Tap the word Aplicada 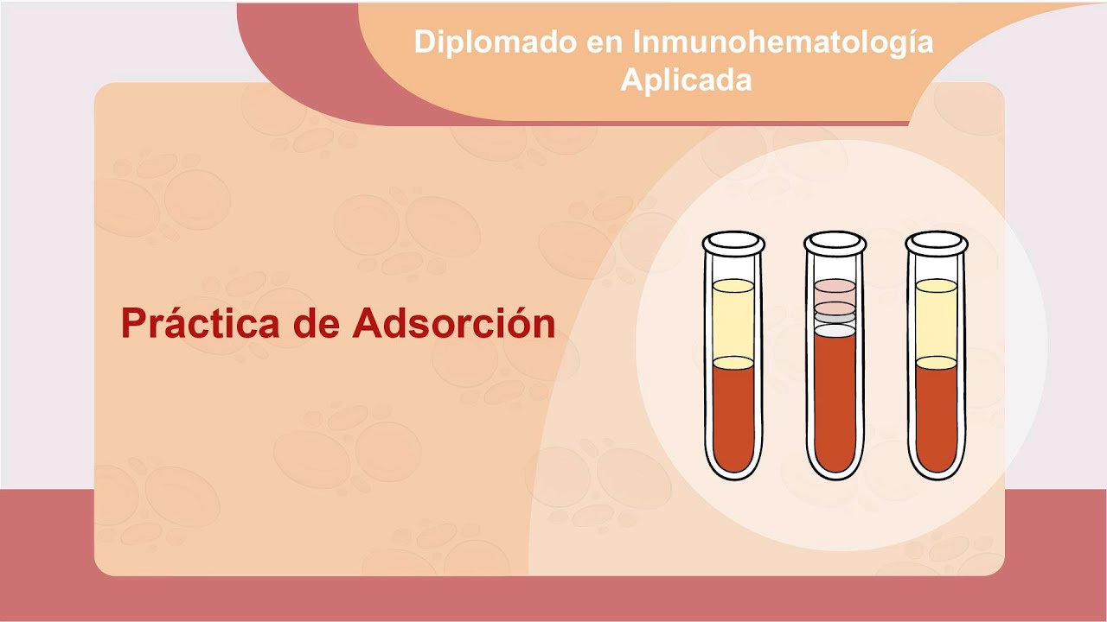(x=686, y=79)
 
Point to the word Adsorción (x=453, y=324)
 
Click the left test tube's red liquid (x=733, y=415)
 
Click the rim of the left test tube (x=733, y=243)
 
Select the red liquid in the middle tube (x=835, y=397)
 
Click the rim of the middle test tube (x=835, y=243)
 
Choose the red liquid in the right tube (x=936, y=415)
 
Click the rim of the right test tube (x=936, y=243)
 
